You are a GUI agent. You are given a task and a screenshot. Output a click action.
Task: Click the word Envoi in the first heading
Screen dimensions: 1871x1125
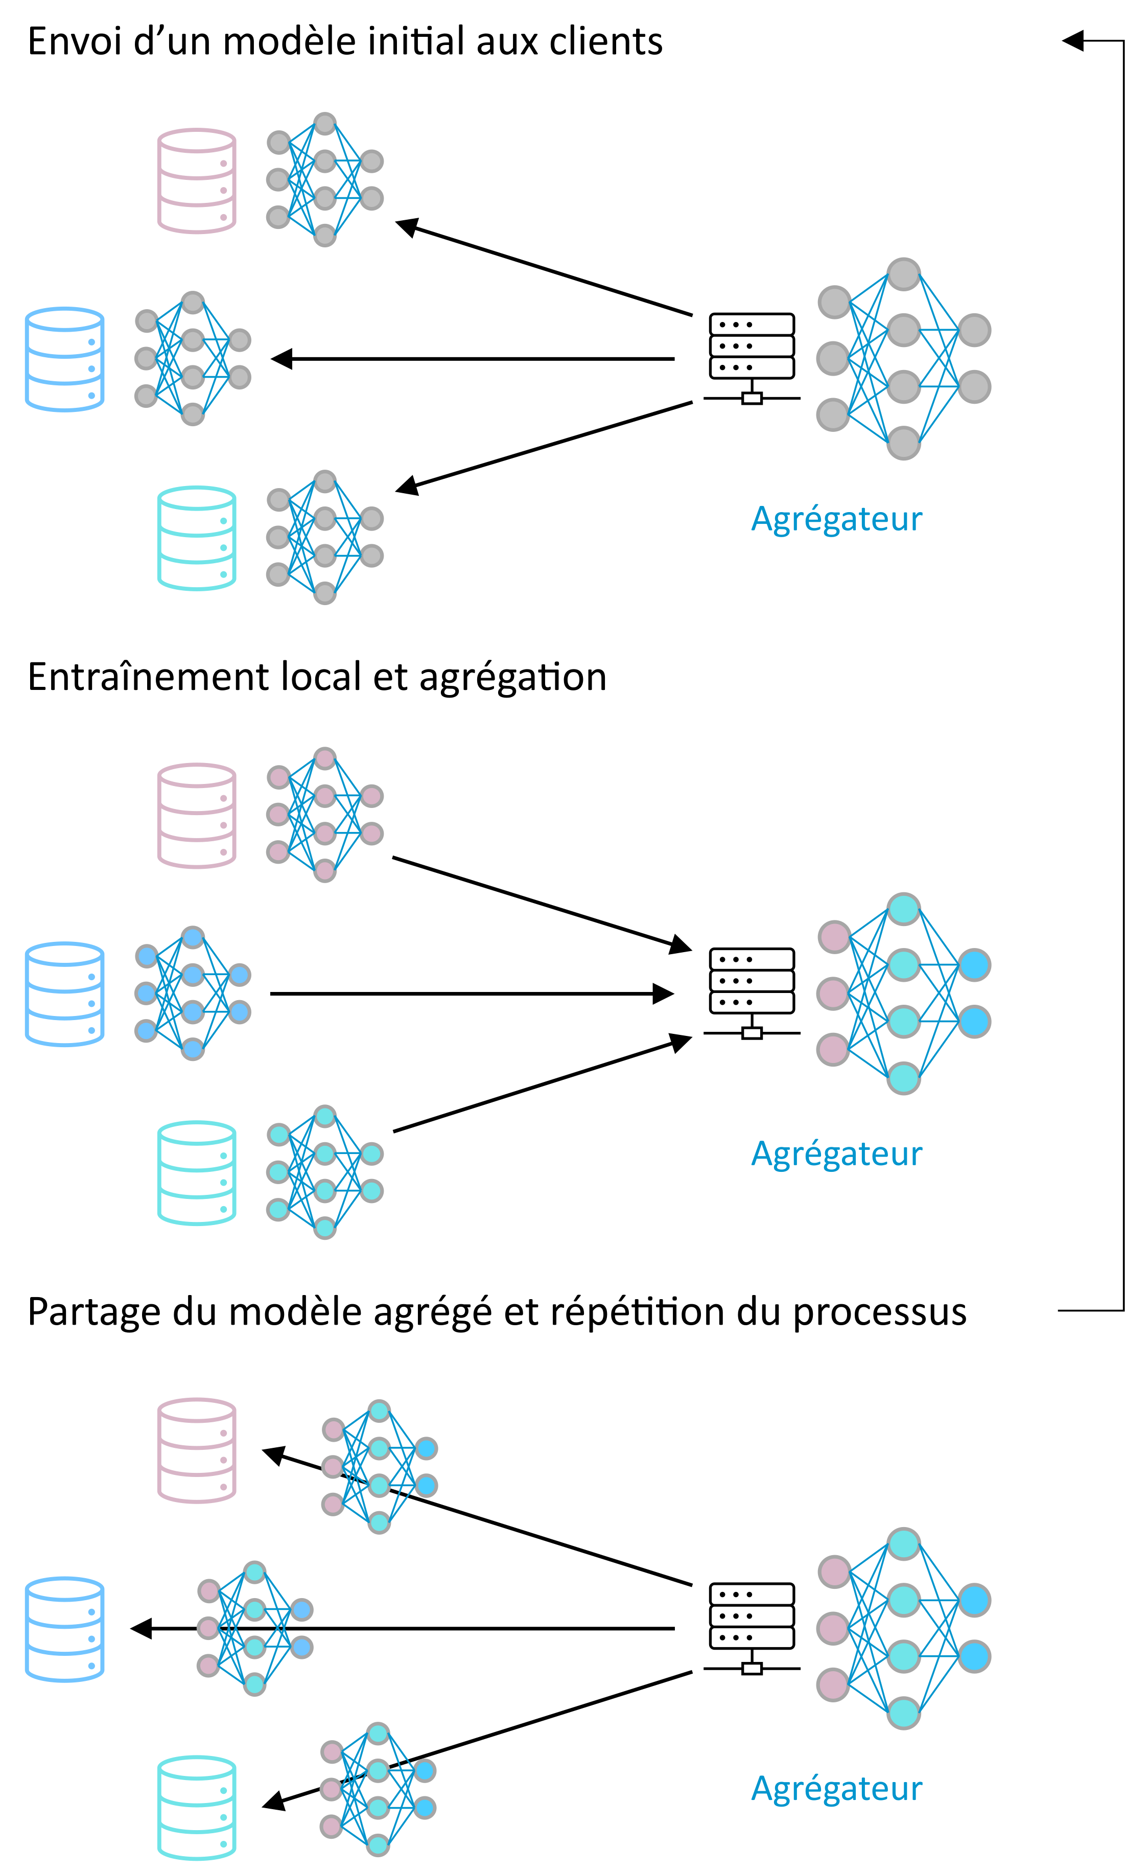(74, 42)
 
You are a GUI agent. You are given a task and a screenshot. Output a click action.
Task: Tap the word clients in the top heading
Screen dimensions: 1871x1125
(606, 42)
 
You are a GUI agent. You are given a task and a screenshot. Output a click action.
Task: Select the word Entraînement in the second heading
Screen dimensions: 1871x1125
(147, 677)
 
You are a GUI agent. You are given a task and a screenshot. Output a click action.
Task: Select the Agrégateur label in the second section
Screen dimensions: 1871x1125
(836, 1154)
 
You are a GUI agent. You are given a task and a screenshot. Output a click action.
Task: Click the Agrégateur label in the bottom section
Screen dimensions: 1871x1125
(836, 1789)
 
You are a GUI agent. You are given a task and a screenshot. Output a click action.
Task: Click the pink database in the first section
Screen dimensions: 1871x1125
(196, 180)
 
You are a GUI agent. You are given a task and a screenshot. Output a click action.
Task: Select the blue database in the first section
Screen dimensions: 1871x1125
(64, 359)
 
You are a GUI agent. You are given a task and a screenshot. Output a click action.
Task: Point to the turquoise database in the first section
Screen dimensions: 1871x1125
(196, 538)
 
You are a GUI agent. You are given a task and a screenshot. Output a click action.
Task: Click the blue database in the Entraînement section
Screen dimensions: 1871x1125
(64, 994)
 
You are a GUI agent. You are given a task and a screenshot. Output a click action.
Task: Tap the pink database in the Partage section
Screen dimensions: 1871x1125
(196, 1450)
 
